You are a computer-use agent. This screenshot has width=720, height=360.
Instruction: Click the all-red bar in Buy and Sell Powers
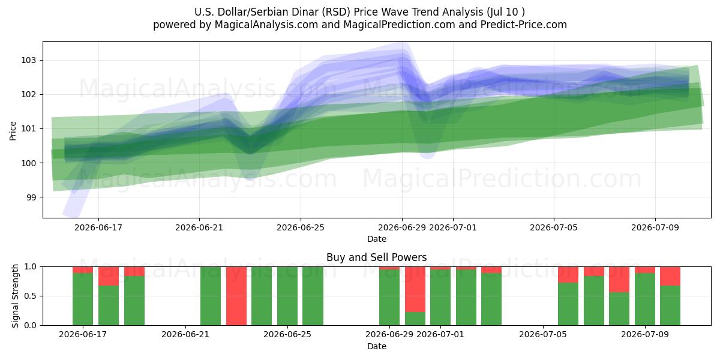coord(236,296)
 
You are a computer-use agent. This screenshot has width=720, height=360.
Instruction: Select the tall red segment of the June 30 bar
coord(415,289)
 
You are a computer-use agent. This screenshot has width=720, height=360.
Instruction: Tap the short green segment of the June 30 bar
coord(415,319)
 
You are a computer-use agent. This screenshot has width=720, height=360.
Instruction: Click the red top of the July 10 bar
coord(670,276)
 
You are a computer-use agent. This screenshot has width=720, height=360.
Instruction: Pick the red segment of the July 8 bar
coord(619,280)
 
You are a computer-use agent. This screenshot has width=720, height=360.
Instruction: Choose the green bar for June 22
coord(211,296)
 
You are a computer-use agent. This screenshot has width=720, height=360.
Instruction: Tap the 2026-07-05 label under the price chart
coord(553,227)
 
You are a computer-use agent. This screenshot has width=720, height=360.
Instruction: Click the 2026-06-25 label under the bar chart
coord(287,334)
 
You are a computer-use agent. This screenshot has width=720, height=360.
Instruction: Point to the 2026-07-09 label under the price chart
coord(655,227)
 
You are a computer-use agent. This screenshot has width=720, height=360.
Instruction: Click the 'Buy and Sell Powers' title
coord(376,257)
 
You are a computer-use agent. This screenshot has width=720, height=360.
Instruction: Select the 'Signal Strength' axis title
coord(15,296)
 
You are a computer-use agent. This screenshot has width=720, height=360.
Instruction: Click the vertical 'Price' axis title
coord(13,131)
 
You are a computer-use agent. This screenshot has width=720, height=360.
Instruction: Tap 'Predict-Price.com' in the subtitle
coord(524,25)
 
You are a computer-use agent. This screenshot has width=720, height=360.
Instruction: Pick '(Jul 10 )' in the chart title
coord(506,12)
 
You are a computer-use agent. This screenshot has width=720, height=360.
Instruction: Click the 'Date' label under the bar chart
coord(377,346)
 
